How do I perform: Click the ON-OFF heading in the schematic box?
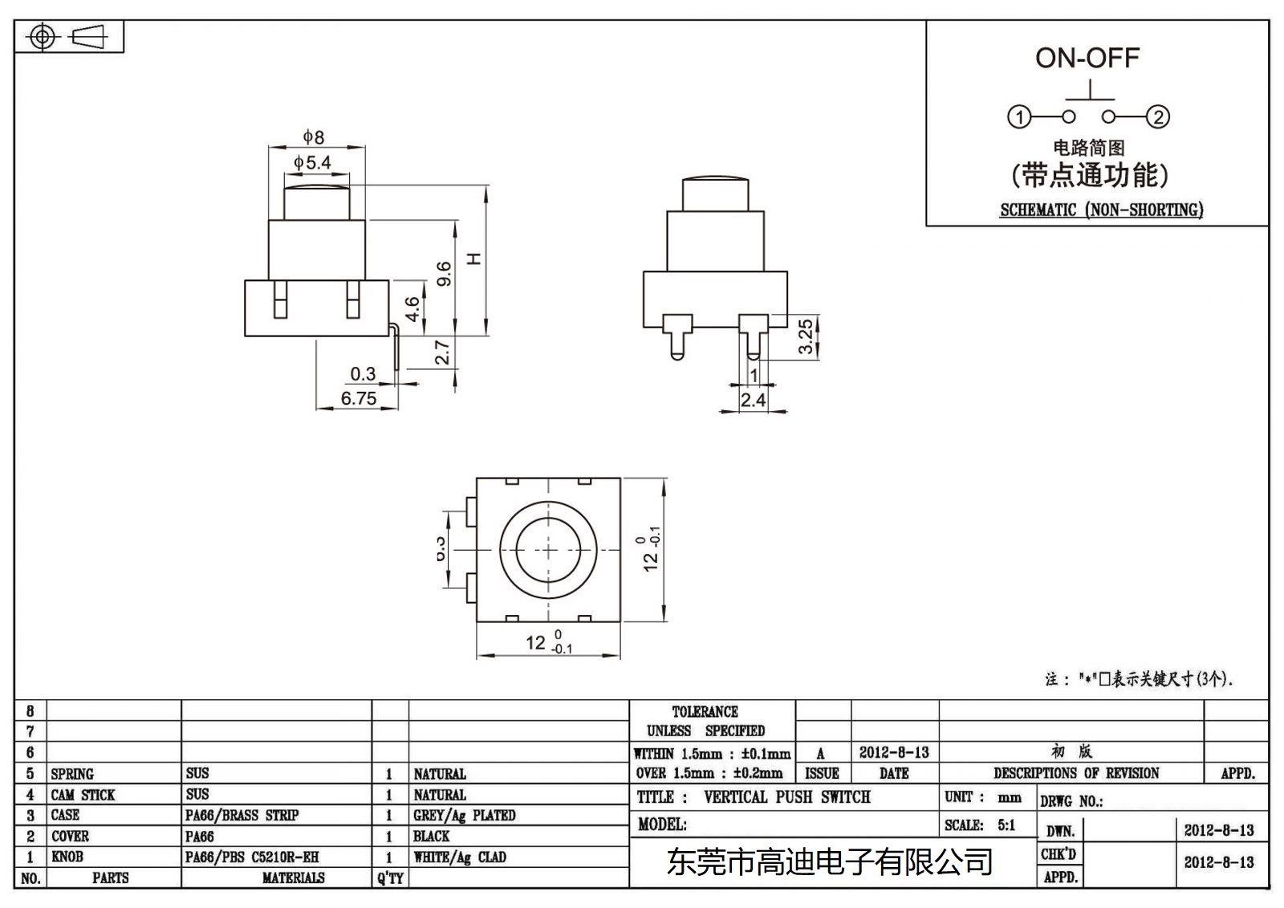[1087, 58]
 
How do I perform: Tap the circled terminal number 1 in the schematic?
[1019, 117]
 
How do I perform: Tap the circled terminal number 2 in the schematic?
[1157, 117]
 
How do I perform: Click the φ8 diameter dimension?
[313, 137]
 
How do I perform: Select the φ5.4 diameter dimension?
[313, 163]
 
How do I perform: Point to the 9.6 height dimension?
[444, 274]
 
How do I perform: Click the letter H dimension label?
[475, 259]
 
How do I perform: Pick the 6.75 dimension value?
[358, 398]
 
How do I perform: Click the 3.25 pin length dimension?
[805, 336]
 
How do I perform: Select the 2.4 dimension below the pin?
[753, 400]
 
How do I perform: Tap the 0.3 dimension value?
[363, 373]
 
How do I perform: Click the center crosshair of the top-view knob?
[548, 550]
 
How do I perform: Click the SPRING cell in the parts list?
[72, 774]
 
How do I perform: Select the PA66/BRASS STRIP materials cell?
[242, 815]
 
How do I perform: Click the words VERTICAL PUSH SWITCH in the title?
[786, 797]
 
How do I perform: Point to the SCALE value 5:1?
[1006, 825]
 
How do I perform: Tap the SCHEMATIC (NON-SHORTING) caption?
[1101, 210]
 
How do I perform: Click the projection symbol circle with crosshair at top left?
[43, 37]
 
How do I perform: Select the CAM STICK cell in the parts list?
[83, 795]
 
